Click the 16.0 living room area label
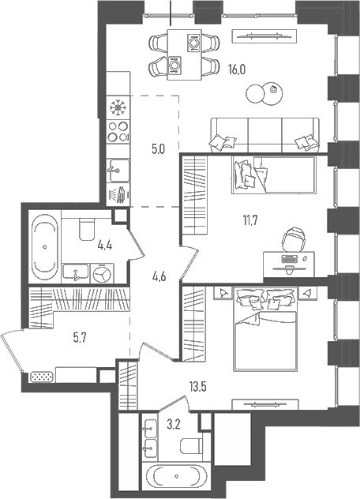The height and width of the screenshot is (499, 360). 238,69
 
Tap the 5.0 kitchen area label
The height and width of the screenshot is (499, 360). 158,148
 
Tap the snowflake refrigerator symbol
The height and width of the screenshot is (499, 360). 119,107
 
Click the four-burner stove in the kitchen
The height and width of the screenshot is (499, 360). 118,131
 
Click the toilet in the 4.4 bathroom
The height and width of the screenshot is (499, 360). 88,229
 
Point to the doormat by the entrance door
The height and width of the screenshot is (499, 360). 40,376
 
